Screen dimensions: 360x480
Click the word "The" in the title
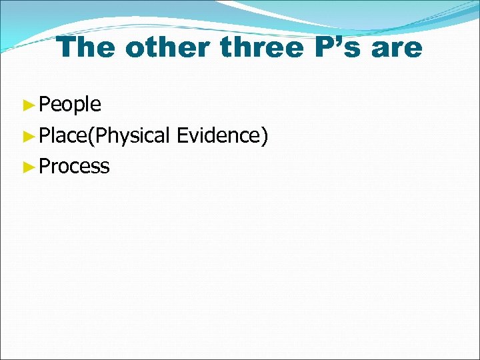click(x=85, y=47)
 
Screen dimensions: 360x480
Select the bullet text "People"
click(x=70, y=105)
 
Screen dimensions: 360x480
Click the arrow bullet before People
click(x=27, y=105)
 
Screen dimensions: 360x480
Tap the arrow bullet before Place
click(x=27, y=136)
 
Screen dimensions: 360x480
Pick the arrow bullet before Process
click(x=27, y=167)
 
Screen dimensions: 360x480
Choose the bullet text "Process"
click(x=74, y=167)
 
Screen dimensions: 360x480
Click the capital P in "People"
click(x=44, y=104)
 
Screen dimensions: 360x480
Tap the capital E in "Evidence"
click(x=181, y=135)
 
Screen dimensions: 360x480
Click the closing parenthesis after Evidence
click(x=265, y=136)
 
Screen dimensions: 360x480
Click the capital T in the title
click(x=66, y=47)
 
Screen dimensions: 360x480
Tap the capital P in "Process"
click(x=44, y=166)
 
